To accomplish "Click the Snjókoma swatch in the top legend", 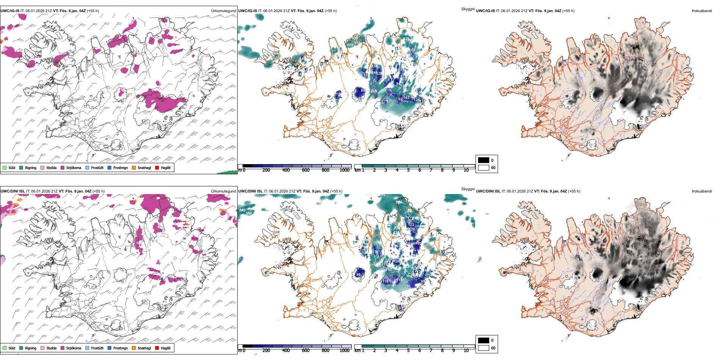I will (63, 167).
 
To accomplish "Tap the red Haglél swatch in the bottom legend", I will (157, 348).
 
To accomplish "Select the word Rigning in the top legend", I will (31, 167).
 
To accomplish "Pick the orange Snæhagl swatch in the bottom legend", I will (134, 348).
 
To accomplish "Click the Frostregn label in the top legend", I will (120, 167).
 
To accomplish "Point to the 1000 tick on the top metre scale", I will (344, 170).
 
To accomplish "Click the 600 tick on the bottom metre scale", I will (305, 351).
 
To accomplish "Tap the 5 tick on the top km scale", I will (408, 170).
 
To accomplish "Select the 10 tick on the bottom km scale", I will (466, 351).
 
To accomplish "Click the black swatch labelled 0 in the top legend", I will (484, 160).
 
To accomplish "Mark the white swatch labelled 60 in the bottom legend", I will (484, 348).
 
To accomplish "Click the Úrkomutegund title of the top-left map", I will (223, 11).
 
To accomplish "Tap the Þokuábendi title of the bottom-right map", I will (702, 191).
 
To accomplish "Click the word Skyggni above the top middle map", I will (468, 9).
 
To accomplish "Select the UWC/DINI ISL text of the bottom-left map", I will (13, 191).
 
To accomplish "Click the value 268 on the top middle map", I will (374, 91).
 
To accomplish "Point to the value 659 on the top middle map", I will (350, 45).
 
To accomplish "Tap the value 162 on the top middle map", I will (406, 98).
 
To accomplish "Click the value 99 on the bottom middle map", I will (358, 274).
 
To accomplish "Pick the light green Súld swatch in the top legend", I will (5, 167).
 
